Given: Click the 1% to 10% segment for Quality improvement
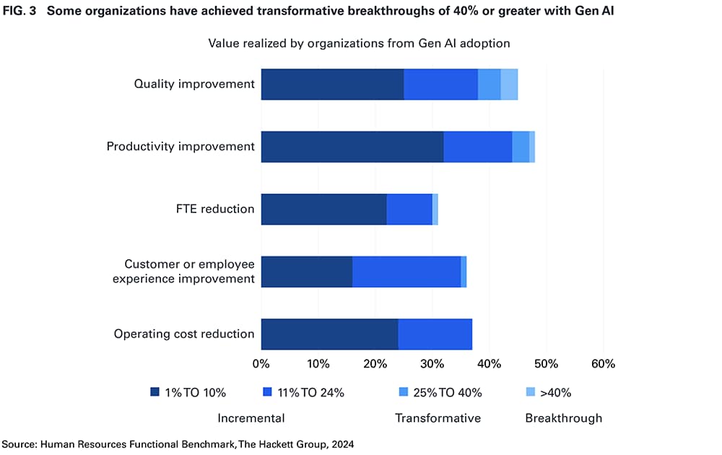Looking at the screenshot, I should click(332, 84).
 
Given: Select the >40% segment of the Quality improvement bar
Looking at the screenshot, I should click(509, 84).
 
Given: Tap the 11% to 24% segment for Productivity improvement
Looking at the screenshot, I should click(477, 147).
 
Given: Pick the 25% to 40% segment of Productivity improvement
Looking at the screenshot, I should click(521, 147).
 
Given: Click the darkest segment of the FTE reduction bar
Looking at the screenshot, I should click(323, 209).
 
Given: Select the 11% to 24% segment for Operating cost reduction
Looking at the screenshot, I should click(435, 334).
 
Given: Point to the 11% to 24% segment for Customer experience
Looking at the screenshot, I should click(406, 272).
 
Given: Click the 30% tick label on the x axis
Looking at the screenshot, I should click(432, 364).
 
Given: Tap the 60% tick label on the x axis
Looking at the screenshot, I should click(603, 364).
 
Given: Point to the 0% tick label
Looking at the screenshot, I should click(261, 364).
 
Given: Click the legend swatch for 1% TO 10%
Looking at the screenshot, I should click(155, 393).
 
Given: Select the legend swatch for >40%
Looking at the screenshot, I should click(531, 393).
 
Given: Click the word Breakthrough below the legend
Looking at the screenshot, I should click(563, 418).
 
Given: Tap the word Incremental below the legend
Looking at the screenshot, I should click(251, 418).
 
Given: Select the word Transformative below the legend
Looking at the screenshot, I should click(438, 418).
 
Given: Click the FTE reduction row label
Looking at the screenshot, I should click(214, 209).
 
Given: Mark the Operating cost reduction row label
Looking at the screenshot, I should click(184, 334).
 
